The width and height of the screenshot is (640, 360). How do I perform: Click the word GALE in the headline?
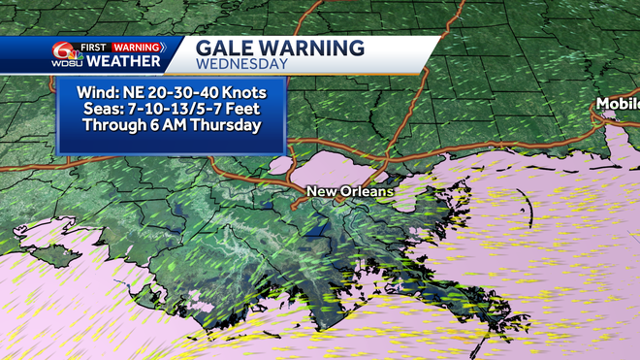[226, 48]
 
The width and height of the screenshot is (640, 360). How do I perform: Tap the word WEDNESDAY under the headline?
[241, 64]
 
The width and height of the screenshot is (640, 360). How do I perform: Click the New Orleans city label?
[350, 191]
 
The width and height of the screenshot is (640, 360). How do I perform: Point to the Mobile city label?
[621, 103]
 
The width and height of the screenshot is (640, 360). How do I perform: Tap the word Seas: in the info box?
[100, 108]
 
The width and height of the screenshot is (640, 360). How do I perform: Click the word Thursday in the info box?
[230, 124]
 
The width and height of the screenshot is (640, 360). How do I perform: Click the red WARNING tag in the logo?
[138, 46]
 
